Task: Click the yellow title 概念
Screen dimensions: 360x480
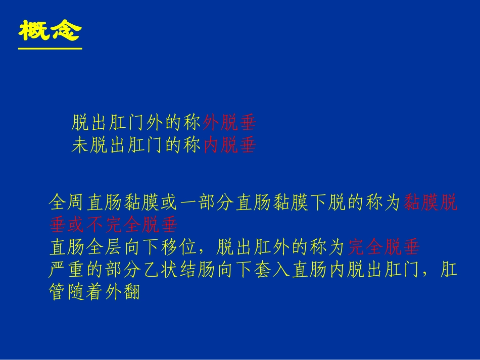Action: coord(50,31)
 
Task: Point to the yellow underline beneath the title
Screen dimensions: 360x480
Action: coord(50,49)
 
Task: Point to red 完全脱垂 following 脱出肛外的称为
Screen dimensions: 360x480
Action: coord(384,247)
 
